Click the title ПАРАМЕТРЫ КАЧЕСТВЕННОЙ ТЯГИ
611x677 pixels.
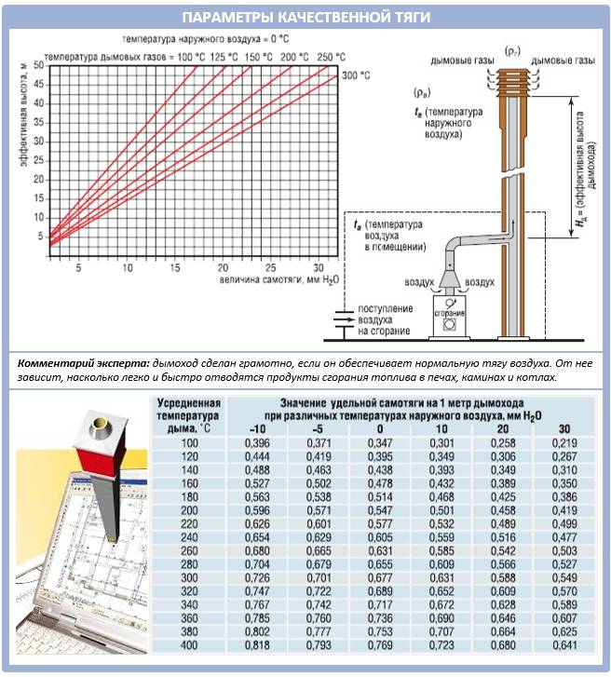305,18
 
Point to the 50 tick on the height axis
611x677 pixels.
38,64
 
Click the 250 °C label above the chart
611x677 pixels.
325,58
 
